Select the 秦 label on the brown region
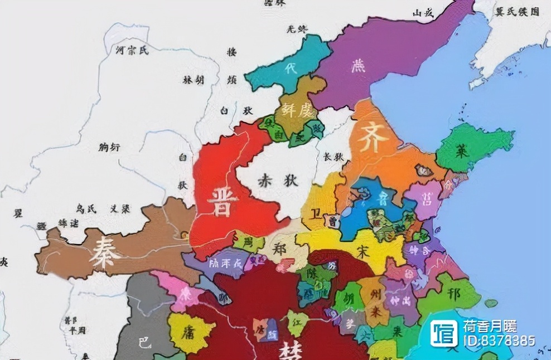click(x=104, y=254)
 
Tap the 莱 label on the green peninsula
click(x=461, y=150)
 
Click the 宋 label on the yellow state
click(x=364, y=251)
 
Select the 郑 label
click(x=281, y=250)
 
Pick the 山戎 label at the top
click(x=423, y=13)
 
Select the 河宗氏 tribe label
click(x=132, y=51)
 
